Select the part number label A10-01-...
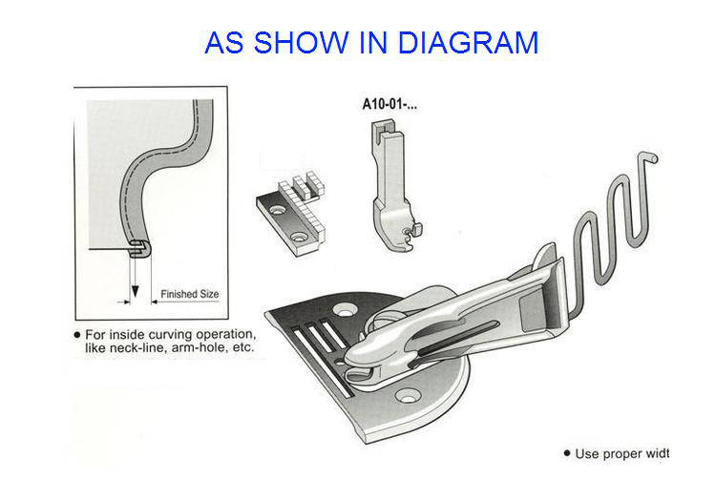[x=389, y=103]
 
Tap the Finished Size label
[x=190, y=294]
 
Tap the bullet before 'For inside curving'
[x=77, y=336]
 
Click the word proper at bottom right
[x=624, y=454]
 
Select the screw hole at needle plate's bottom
[x=412, y=393]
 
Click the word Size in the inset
[x=210, y=294]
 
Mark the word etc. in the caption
[x=242, y=350]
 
